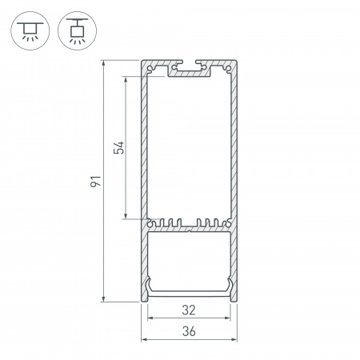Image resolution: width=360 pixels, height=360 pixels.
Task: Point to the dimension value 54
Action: coord(118,148)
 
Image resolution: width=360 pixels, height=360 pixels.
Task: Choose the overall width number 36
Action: coord(190,330)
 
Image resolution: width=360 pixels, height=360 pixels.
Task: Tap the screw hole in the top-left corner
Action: coord(150,70)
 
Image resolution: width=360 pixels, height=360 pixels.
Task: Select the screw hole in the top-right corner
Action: coord(230,70)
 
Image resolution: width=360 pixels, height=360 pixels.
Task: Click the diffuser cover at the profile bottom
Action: coord(190,290)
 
